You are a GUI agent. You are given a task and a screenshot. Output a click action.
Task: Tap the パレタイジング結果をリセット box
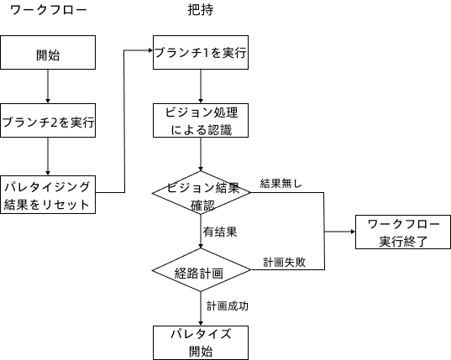[x=48, y=193]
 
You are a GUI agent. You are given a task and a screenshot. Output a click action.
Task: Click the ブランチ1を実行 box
[x=201, y=53]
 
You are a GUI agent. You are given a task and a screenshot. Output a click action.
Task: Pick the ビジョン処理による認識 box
[x=201, y=121]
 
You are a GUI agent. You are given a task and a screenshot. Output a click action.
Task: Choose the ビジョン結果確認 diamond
[x=202, y=193]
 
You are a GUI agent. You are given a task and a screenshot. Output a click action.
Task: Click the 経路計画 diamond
[x=202, y=271]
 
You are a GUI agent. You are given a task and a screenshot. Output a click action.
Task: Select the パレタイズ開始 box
[x=201, y=342]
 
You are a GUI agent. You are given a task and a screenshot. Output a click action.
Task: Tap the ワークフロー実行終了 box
[x=402, y=232]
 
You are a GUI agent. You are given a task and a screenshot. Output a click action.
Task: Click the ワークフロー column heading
[x=48, y=12]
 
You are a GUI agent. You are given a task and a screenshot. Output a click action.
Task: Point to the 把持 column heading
[x=201, y=12]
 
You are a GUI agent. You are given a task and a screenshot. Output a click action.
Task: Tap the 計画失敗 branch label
[x=284, y=262]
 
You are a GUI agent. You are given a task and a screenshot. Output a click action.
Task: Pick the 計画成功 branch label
[x=228, y=305]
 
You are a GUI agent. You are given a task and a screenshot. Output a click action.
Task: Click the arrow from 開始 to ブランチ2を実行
[x=48, y=86]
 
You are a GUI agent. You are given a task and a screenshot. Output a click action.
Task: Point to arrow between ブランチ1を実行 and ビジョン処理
[x=201, y=86]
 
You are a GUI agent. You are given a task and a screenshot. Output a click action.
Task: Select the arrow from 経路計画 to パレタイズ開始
[x=202, y=307]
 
